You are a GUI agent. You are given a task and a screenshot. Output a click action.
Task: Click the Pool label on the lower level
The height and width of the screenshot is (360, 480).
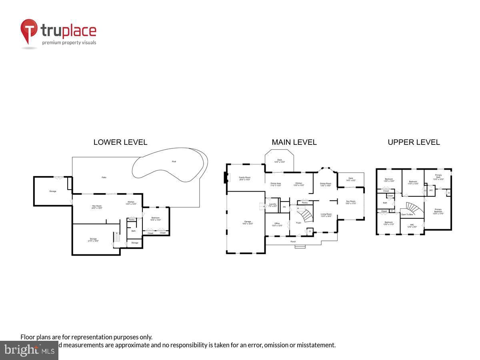[174, 162]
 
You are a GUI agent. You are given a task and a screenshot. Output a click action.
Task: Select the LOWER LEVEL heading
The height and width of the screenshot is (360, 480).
[120, 142]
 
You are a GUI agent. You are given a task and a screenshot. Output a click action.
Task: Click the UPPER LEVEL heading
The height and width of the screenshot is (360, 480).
[414, 142]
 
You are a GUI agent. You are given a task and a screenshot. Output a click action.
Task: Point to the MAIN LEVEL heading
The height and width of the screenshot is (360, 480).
[294, 142]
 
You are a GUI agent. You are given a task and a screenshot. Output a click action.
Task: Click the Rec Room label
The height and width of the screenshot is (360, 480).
[98, 207]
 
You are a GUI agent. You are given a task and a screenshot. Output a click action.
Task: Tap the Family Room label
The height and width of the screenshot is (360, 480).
[244, 178]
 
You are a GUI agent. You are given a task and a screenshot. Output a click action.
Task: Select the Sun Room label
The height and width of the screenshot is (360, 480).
[350, 202]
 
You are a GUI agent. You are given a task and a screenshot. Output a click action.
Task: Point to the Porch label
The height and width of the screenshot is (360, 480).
[293, 242]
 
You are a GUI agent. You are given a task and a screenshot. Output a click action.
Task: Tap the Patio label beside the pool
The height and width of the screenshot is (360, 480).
[104, 177]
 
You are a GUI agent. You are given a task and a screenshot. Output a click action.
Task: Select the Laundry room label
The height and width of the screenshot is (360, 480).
[273, 205]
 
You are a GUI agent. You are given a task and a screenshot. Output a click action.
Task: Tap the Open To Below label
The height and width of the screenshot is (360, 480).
[407, 214]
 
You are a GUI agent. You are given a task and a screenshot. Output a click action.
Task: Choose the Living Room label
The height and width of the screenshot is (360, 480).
[326, 215]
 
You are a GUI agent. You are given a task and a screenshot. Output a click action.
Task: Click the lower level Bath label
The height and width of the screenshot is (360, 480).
[134, 231]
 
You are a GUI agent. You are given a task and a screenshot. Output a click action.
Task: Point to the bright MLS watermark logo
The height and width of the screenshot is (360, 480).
[29, 350]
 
